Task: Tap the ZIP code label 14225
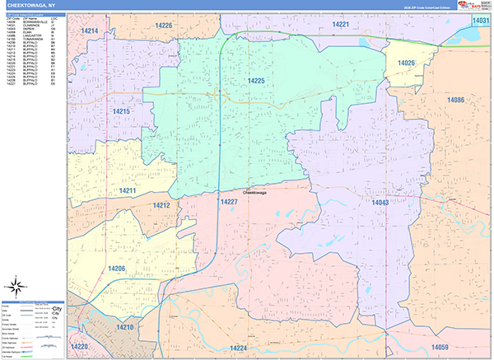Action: pos(256,81)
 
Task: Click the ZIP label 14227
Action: pos(229,201)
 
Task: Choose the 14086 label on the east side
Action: pos(456,100)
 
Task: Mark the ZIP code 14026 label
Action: pos(406,63)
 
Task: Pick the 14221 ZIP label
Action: pos(341,25)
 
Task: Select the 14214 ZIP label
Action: pos(90,30)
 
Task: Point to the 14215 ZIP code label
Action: pos(121,111)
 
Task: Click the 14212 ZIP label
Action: pos(161,205)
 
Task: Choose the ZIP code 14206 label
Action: pos(116,269)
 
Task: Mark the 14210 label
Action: pos(124,327)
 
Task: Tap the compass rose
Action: pos(15,286)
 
